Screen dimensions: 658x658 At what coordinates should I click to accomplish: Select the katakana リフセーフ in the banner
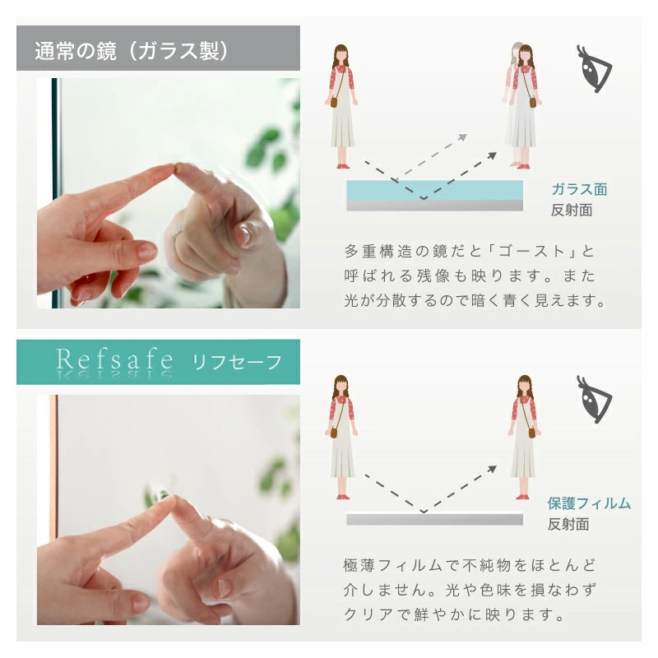point(237,361)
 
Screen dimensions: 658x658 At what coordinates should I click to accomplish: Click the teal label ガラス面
point(579,190)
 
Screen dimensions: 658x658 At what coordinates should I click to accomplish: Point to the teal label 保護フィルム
point(589,503)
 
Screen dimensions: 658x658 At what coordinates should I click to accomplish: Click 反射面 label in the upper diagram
point(571,210)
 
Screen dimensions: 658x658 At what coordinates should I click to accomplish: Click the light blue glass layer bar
point(434,189)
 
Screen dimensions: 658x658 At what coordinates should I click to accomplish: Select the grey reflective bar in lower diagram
point(434,519)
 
